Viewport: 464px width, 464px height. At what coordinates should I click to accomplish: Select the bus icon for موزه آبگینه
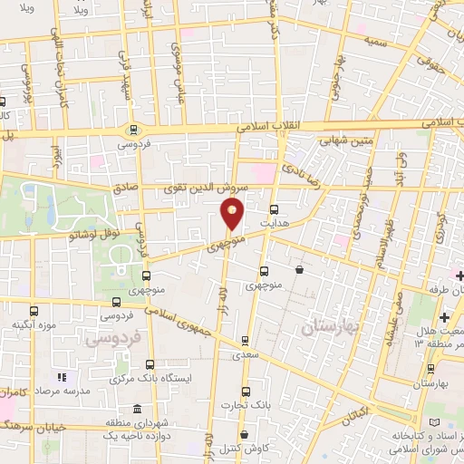(34, 311)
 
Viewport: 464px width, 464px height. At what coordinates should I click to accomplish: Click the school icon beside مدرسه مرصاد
(62, 376)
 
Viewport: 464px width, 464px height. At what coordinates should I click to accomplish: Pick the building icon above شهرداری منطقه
(136, 410)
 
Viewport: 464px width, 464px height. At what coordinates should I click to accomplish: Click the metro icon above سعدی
(245, 342)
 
